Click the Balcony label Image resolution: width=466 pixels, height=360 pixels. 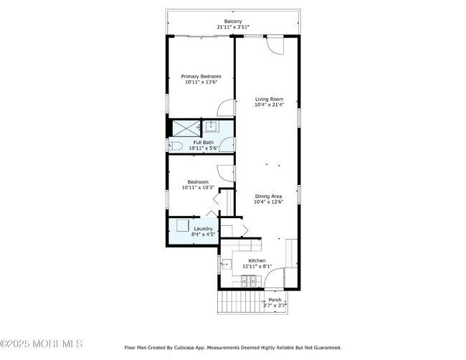[x=233, y=22]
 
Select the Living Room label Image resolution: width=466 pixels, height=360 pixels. [x=270, y=99]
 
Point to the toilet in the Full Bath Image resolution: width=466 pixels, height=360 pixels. [x=176, y=146]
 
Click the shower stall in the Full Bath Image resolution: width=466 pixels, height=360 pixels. [x=186, y=128]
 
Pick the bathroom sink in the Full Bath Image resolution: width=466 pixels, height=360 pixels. [x=211, y=126]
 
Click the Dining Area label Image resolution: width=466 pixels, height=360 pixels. [x=269, y=196]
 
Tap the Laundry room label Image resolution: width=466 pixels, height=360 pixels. [x=204, y=229]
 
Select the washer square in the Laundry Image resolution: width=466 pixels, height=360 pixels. [x=182, y=225]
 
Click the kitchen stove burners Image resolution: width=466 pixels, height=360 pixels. [x=249, y=281]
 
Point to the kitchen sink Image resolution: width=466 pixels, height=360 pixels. [x=227, y=264]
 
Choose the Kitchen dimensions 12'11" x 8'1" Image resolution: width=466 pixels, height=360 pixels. [x=257, y=266]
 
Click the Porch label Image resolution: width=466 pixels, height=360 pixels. [x=275, y=300]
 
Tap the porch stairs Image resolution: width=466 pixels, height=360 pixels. [x=241, y=301]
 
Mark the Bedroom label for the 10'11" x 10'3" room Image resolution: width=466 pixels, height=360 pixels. [x=198, y=182]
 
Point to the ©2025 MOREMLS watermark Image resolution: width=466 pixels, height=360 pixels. [x=42, y=344]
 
